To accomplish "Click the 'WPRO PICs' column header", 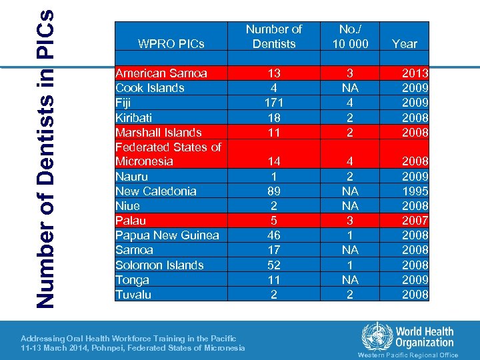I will coord(171,44).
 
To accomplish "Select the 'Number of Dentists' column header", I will coord(273,37).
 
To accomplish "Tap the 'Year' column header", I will coord(404,44).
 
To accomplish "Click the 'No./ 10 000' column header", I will coord(349,37).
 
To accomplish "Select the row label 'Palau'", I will coord(130,221).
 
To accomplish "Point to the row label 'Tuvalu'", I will coord(133,295).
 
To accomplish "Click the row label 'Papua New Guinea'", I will coord(167,235).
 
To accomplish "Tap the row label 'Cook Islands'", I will coord(149,88).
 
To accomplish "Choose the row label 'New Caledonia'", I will coord(156,191).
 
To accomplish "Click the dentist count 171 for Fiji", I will coord(273,103).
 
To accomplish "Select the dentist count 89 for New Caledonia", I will coord(273,191).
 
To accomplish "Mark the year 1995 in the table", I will coord(415,191).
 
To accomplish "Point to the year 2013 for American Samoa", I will coord(415,73).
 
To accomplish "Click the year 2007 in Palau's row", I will coord(415,221).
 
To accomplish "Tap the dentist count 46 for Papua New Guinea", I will coord(273,235).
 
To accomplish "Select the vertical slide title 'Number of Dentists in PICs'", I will coord(45,160).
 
